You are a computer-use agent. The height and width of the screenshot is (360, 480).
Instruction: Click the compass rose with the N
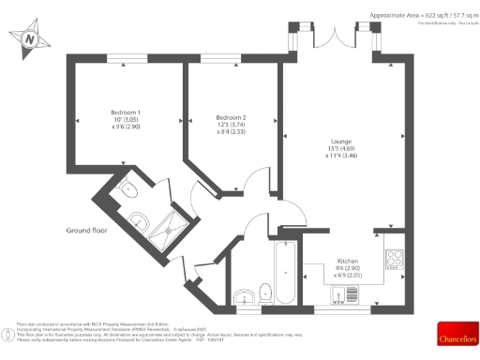[31, 39]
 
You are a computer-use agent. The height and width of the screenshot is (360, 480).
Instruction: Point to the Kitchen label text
[347, 261]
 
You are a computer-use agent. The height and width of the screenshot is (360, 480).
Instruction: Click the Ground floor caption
[90, 230]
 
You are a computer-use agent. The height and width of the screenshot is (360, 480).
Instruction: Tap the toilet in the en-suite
[129, 191]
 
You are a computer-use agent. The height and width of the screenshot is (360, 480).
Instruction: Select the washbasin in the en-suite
[139, 221]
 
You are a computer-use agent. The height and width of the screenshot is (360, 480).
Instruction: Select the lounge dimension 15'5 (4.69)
[340, 148]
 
